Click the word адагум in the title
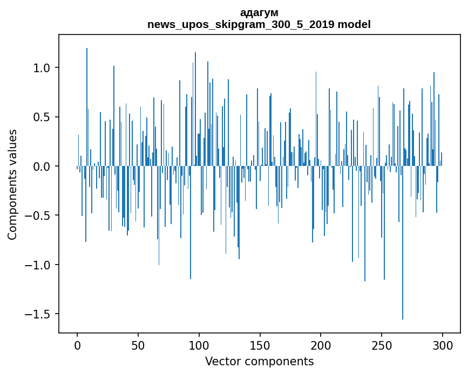pos(259,12)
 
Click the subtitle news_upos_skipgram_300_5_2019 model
pos(259,24)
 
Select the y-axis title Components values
pos(12,184)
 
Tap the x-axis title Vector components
pos(259,361)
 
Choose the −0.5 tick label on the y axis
pos(39,216)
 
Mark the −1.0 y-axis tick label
pos(39,265)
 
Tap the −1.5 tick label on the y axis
pos(39,314)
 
